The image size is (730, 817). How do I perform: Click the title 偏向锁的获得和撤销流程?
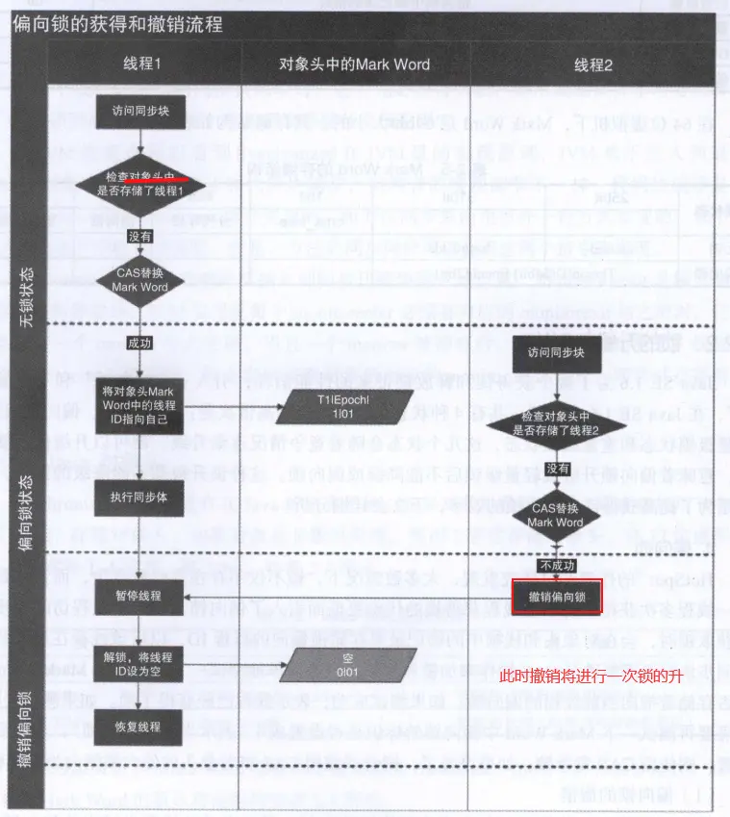118,24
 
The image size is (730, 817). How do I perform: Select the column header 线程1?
143,64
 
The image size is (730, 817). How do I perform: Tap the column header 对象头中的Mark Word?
354,64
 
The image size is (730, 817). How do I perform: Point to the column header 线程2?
593,64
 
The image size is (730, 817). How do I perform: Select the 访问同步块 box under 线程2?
555,353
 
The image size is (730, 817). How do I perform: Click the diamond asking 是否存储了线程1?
141,185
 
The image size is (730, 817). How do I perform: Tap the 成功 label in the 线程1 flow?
139,343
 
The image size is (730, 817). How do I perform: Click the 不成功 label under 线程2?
556,566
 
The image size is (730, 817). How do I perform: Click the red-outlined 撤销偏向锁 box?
557,597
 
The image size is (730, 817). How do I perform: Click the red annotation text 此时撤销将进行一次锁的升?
591,677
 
